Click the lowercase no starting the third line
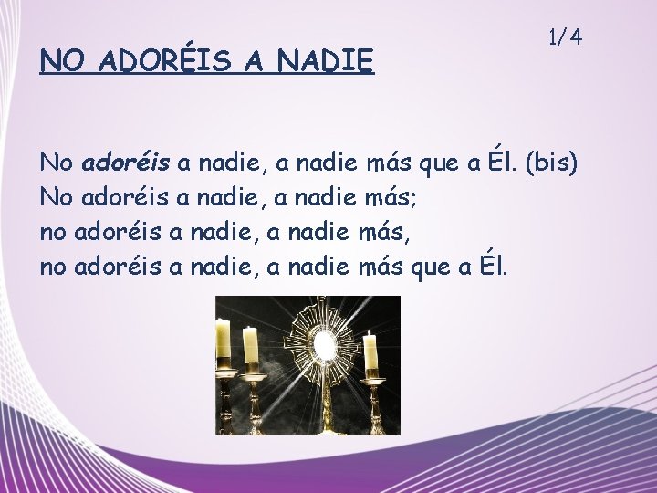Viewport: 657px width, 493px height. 53,234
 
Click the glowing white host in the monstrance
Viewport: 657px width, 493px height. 323,344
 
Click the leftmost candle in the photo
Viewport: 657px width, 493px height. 223,340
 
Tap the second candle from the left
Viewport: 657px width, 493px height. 250,346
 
